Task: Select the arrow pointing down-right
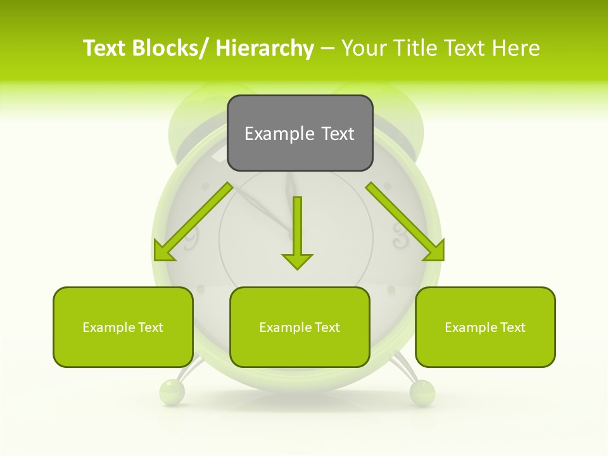click(405, 222)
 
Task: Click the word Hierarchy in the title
click(265, 48)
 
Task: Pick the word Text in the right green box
click(512, 327)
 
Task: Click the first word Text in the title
click(105, 48)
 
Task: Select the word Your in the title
click(364, 48)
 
